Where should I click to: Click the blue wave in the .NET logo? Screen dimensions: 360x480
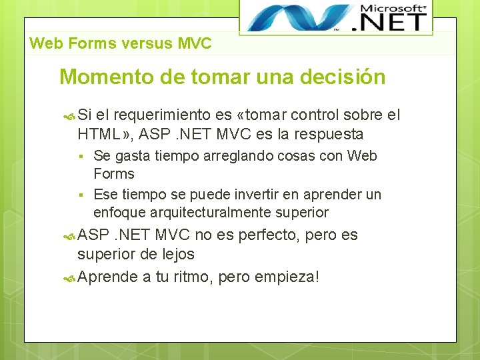293,17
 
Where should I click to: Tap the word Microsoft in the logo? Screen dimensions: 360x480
393,8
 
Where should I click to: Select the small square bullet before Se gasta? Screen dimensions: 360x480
80,157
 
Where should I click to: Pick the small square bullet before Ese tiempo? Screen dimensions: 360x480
80,195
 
